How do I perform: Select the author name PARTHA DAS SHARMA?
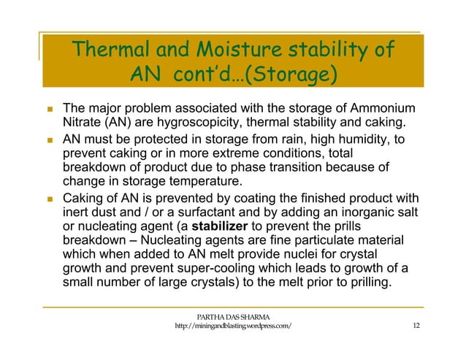click(233, 315)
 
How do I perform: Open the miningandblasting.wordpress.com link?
click(233, 326)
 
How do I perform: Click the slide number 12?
click(416, 326)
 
